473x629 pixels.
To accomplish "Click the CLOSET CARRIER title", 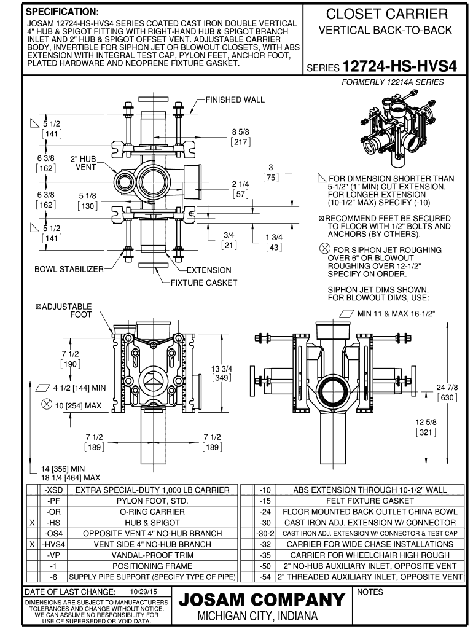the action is (x=386, y=14).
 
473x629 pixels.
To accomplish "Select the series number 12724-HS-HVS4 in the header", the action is (x=399, y=66).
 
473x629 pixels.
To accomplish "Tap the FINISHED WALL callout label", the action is (x=235, y=100).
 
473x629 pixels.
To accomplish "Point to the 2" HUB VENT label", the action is (x=83, y=163).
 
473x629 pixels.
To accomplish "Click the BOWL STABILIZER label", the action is (x=69, y=269).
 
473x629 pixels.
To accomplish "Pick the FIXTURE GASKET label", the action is (x=204, y=283).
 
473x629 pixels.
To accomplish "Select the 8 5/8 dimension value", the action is (x=240, y=132).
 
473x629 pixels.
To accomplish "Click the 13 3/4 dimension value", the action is (x=222, y=369).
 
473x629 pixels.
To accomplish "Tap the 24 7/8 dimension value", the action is (x=447, y=387).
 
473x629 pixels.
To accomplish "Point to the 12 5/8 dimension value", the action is (x=426, y=422).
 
